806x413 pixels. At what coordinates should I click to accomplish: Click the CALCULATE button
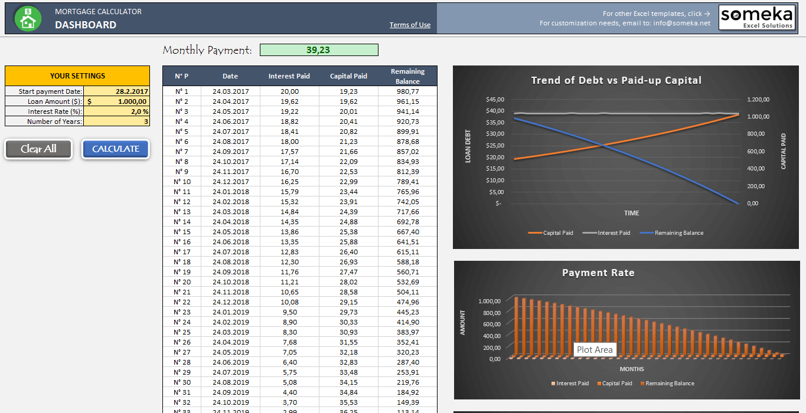tap(116, 149)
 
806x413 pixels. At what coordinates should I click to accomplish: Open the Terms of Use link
tap(410, 25)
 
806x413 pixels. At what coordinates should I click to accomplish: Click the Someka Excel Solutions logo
tap(757, 18)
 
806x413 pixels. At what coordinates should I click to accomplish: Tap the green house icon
tap(28, 18)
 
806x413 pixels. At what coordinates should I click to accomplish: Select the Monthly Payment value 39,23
tap(319, 50)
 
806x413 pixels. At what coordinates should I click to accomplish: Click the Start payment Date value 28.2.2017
tap(116, 91)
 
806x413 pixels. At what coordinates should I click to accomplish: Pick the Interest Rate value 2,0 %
tap(116, 112)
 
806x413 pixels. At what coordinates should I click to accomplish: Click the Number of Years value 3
tap(116, 122)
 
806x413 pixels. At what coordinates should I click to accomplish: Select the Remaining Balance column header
tap(407, 76)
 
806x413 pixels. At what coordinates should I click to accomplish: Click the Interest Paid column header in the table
tap(289, 76)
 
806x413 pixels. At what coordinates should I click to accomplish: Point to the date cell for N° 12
tap(230, 202)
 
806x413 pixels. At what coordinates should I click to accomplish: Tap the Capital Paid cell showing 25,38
tap(348, 232)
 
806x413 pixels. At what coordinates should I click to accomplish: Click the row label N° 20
tap(182, 282)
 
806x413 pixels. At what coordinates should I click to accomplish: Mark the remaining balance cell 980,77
tap(407, 91)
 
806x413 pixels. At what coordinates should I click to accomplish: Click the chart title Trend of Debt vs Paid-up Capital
tap(616, 80)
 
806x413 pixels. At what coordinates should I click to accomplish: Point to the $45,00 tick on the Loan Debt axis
tap(495, 99)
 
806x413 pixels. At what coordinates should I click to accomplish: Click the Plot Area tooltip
tap(595, 350)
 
